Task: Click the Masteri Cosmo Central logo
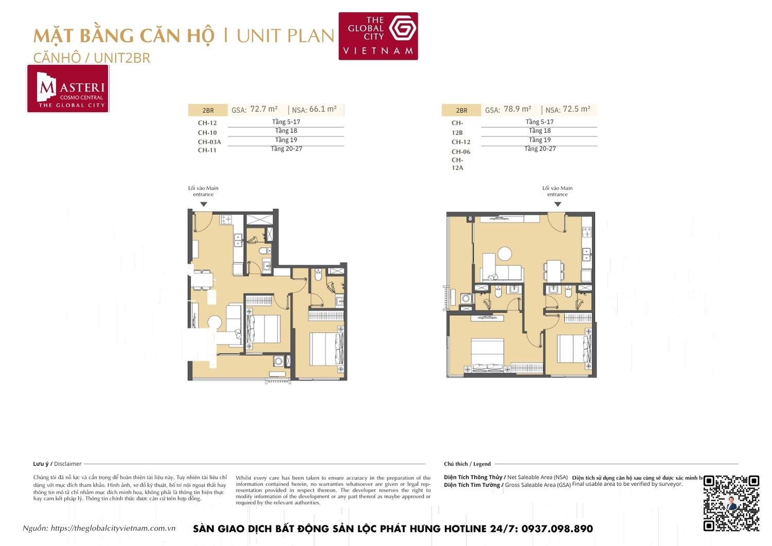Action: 68,89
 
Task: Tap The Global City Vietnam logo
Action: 378,36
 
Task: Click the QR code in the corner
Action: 731,503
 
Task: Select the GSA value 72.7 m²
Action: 264,109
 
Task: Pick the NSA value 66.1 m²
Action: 323,109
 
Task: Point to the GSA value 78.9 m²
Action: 517,109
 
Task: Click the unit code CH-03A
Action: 209,142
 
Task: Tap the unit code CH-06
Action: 461,151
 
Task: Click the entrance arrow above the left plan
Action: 203,204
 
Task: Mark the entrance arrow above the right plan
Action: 557,204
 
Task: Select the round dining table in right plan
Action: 504,254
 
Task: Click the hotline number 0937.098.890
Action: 557,528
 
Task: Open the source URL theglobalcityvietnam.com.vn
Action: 113,528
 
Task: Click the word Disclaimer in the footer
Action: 67,464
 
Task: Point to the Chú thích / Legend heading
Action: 467,464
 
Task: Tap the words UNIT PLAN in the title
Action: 285,36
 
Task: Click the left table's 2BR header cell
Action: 207,110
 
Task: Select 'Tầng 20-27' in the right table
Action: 539,149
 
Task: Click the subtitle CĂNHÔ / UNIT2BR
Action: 92,58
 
